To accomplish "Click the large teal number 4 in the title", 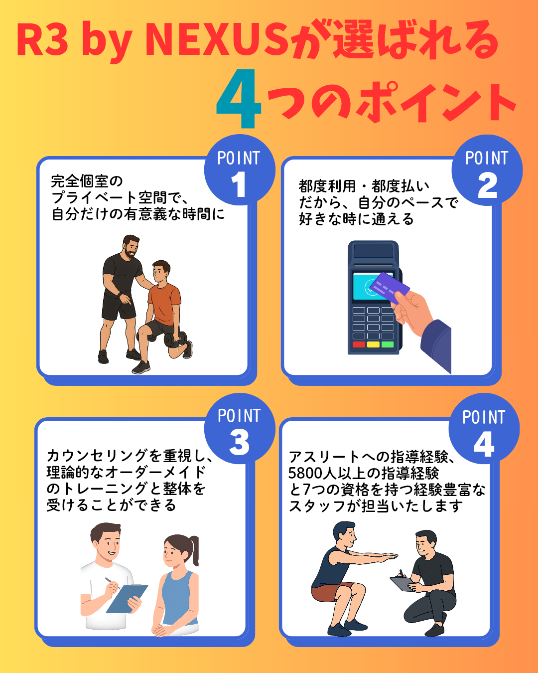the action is (239, 99).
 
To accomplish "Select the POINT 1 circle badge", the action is (240, 170).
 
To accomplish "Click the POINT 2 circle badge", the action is (487, 170).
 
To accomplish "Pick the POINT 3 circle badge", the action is (240, 428).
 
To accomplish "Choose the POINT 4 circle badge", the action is (484, 428).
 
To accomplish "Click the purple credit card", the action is (390, 288).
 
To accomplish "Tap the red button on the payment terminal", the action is (359, 344).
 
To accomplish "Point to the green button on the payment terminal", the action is (388, 344).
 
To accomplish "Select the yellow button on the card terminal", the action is (373, 344).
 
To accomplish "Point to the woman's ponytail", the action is (194, 550).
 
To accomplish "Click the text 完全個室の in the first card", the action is (87, 181).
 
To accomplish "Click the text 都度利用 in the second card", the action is (327, 186).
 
